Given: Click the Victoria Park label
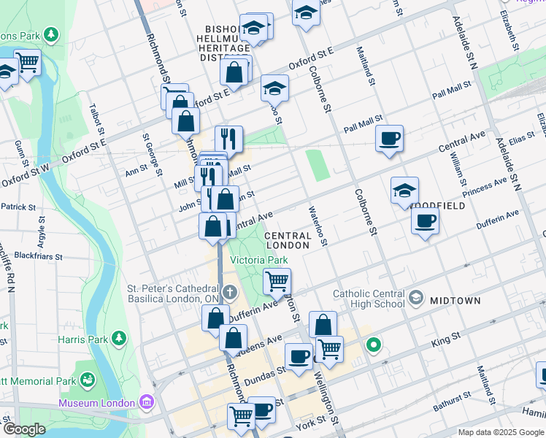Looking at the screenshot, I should (259, 260).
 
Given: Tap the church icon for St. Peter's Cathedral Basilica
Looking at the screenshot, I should (229, 293).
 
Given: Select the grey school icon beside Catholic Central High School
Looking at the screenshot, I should (416, 296).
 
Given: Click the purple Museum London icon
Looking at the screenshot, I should (147, 402).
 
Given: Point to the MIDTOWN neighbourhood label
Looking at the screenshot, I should (455, 300).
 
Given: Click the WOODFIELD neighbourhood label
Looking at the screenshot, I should (438, 206).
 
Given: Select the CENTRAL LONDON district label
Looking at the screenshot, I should (288, 240).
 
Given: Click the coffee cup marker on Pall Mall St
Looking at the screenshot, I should (390, 137).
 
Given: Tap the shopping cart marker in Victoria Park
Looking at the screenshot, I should (277, 280).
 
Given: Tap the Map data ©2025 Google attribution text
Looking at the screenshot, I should (500, 432).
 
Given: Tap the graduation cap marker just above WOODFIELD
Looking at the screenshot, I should (404, 191).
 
